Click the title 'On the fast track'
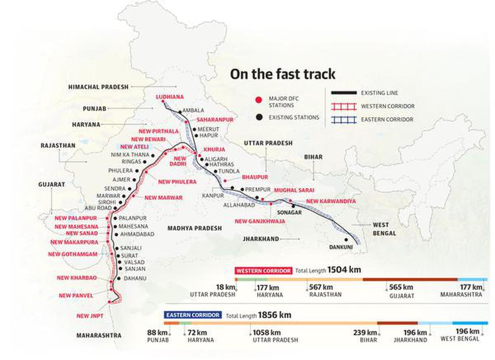tap(283, 74)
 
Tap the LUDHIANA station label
tap(169, 97)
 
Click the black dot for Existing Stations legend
tap(259, 117)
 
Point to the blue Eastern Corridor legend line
tap(343, 120)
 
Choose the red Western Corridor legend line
tap(343, 107)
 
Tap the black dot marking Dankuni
tap(346, 239)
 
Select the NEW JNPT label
tap(90, 316)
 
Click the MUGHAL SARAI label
tap(294, 190)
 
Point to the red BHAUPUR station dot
tap(225, 181)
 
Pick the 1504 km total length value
tap(344, 270)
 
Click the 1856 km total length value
tap(275, 315)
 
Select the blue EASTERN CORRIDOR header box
tap(193, 315)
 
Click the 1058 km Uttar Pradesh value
tap(266, 332)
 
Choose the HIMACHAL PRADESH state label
tap(98, 87)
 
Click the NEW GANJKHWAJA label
tap(259, 221)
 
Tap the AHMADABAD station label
tap(137, 234)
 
